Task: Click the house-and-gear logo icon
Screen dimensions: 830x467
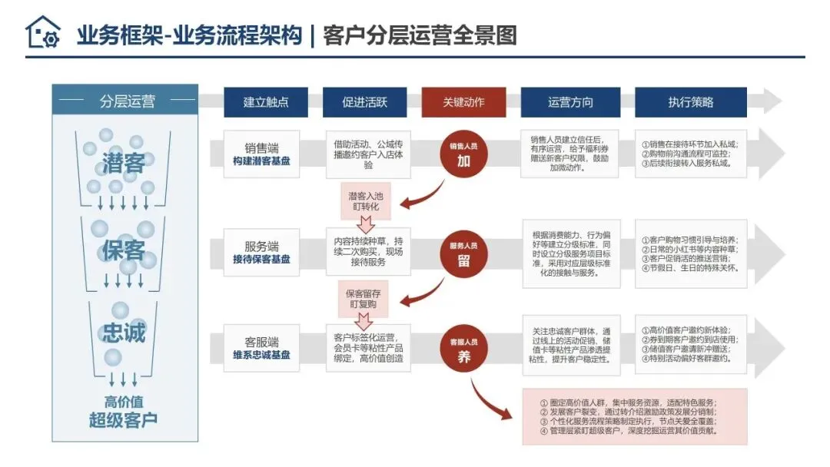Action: pyautogui.click(x=43, y=33)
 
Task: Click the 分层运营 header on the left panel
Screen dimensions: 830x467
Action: pyautogui.click(x=127, y=101)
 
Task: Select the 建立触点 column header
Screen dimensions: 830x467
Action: pyautogui.click(x=265, y=102)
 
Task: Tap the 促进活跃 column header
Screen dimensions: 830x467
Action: pyautogui.click(x=364, y=102)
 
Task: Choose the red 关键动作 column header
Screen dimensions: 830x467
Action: pyautogui.click(x=463, y=102)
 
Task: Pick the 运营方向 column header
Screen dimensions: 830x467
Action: pyautogui.click(x=570, y=102)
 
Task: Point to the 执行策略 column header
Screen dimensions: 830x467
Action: pyautogui.click(x=690, y=102)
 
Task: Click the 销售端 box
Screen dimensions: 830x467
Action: pyautogui.click(x=262, y=154)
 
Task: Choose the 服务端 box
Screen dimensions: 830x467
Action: pyautogui.click(x=262, y=253)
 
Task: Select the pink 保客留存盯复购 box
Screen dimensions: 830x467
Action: pyautogui.click(x=367, y=300)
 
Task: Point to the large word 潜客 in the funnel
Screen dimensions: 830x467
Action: pyautogui.click(x=123, y=164)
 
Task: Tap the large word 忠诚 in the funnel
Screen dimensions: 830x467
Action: pyautogui.click(x=123, y=333)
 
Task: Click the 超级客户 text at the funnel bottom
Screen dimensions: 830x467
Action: pyautogui.click(x=123, y=420)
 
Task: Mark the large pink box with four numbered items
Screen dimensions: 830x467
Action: pyautogui.click(x=634, y=416)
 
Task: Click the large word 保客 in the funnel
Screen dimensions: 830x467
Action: pyautogui.click(x=123, y=250)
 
